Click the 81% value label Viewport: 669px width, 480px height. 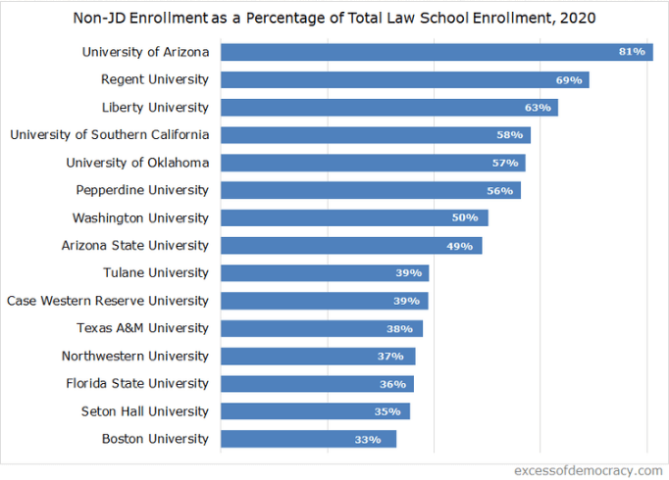click(632, 52)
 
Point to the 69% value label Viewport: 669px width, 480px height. click(569, 79)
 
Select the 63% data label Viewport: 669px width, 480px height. click(539, 107)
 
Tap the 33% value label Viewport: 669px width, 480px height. click(368, 439)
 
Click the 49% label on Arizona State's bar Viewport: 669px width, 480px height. click(460, 246)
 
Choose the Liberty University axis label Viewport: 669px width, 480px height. click(155, 107)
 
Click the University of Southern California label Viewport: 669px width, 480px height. click(109, 134)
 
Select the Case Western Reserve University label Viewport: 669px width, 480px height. click(108, 301)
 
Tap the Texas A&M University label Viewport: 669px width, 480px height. click(142, 328)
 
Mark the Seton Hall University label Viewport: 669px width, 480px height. click(144, 411)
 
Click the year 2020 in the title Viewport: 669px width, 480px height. click(579, 18)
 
